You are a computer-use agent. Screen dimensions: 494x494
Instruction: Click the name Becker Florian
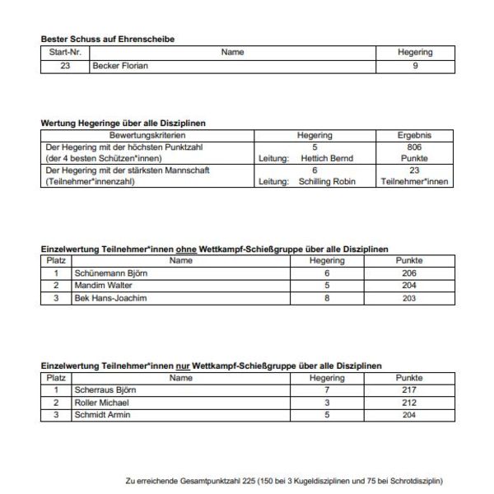pyautogui.click(x=121, y=66)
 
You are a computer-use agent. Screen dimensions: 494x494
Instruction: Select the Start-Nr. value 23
pyautogui.click(x=65, y=66)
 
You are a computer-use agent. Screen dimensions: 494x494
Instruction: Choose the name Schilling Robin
pyautogui.click(x=328, y=182)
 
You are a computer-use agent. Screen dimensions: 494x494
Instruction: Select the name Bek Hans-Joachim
pyautogui.click(x=110, y=297)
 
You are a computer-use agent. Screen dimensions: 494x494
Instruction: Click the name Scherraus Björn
pyautogui.click(x=105, y=390)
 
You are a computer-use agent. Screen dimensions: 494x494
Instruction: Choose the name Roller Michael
pyautogui.click(x=101, y=403)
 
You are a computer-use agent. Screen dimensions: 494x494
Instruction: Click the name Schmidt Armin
pyautogui.click(x=102, y=415)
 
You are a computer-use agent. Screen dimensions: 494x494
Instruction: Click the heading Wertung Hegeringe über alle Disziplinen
pyautogui.click(x=123, y=123)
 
